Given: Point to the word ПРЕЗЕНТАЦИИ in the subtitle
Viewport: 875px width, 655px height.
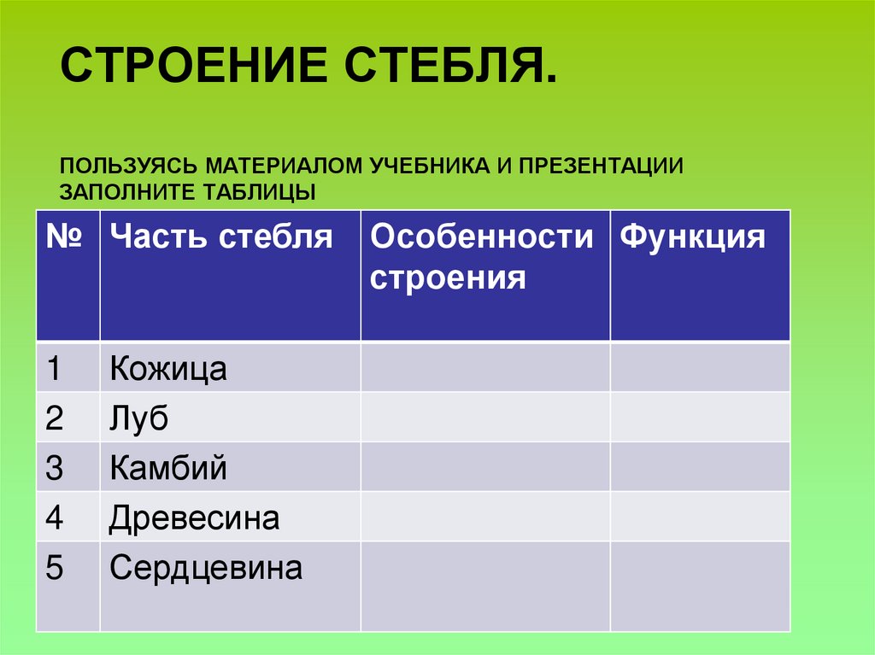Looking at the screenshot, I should point(602,164).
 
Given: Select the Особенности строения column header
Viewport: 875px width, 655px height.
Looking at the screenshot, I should point(484,257).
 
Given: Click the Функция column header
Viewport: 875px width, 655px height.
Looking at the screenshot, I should point(693,237).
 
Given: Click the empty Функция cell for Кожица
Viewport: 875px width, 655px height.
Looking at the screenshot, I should point(700,367).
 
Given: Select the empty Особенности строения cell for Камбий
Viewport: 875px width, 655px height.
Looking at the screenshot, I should point(484,466).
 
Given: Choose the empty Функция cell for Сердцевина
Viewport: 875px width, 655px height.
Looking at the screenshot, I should point(700,587).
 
